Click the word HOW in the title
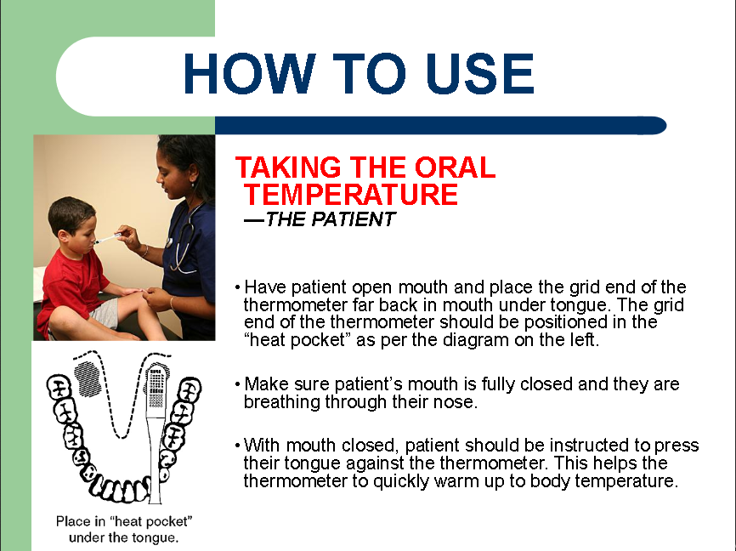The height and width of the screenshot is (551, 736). [x=249, y=73]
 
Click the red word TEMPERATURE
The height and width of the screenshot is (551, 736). [x=351, y=195]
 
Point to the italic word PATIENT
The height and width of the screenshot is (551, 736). [x=354, y=219]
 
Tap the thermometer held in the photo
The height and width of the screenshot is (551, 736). [x=107, y=239]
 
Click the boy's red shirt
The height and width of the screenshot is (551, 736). [x=71, y=287]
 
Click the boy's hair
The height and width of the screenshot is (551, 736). [x=71, y=213]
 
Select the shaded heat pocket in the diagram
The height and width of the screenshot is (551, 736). [x=88, y=379]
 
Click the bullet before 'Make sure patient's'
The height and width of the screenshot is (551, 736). [x=237, y=384]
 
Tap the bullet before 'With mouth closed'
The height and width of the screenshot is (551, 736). [x=237, y=446]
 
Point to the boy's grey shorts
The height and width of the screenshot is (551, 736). [x=106, y=312]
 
